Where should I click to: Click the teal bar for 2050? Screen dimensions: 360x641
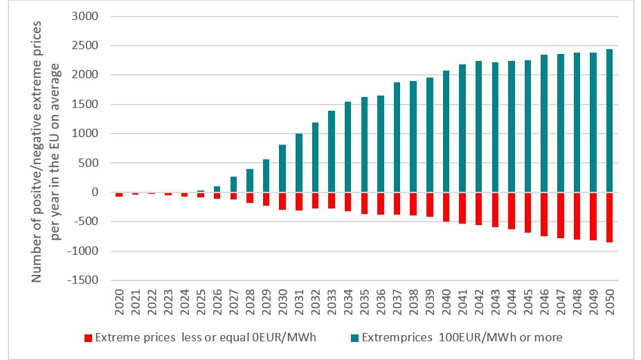pyautogui.click(x=609, y=121)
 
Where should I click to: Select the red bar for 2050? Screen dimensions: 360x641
pyautogui.click(x=609, y=217)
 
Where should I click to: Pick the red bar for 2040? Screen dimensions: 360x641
pyautogui.click(x=446, y=207)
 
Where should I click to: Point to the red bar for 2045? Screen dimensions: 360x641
pyautogui.click(x=527, y=213)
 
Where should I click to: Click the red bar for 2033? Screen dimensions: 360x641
pyautogui.click(x=332, y=201)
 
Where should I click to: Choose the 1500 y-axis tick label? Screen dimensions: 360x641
pyautogui.click(x=88, y=105)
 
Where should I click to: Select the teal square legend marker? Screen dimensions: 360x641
pyautogui.click(x=355, y=338)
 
